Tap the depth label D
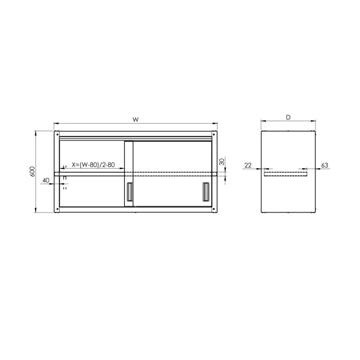click(x=288, y=117)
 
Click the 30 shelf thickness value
click(x=222, y=162)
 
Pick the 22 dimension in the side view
click(x=248, y=165)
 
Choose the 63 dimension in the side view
click(x=324, y=165)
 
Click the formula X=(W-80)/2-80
click(x=93, y=165)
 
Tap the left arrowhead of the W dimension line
click(x=55, y=124)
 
